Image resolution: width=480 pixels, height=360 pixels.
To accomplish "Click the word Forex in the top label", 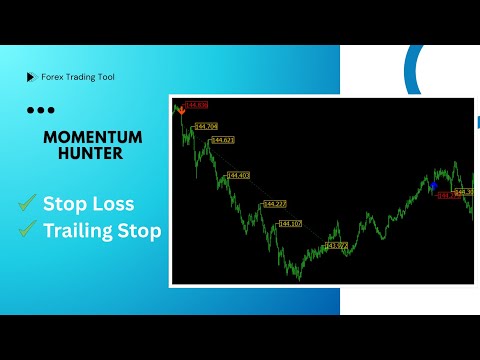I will (53, 77).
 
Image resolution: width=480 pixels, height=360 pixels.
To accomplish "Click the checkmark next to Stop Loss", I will (26, 203).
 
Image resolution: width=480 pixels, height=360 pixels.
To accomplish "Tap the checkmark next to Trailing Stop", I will (26, 232).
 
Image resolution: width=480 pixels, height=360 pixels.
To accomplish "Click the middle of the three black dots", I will (40, 110).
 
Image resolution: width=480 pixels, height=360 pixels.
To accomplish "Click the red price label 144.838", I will (196, 105).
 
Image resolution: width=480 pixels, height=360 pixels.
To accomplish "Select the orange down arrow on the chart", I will (181, 112).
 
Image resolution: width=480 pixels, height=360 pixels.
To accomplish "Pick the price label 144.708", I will (206, 126).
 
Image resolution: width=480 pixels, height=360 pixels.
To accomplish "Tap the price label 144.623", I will (222, 140).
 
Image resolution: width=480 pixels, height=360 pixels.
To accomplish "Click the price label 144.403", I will (238, 175).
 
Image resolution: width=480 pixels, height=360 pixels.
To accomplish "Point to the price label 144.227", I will (274, 204).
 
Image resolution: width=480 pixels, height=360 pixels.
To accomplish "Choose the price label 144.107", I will (289, 224).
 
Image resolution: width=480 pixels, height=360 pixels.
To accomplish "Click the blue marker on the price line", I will (433, 185).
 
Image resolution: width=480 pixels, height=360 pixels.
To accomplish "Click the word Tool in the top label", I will (104, 77).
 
